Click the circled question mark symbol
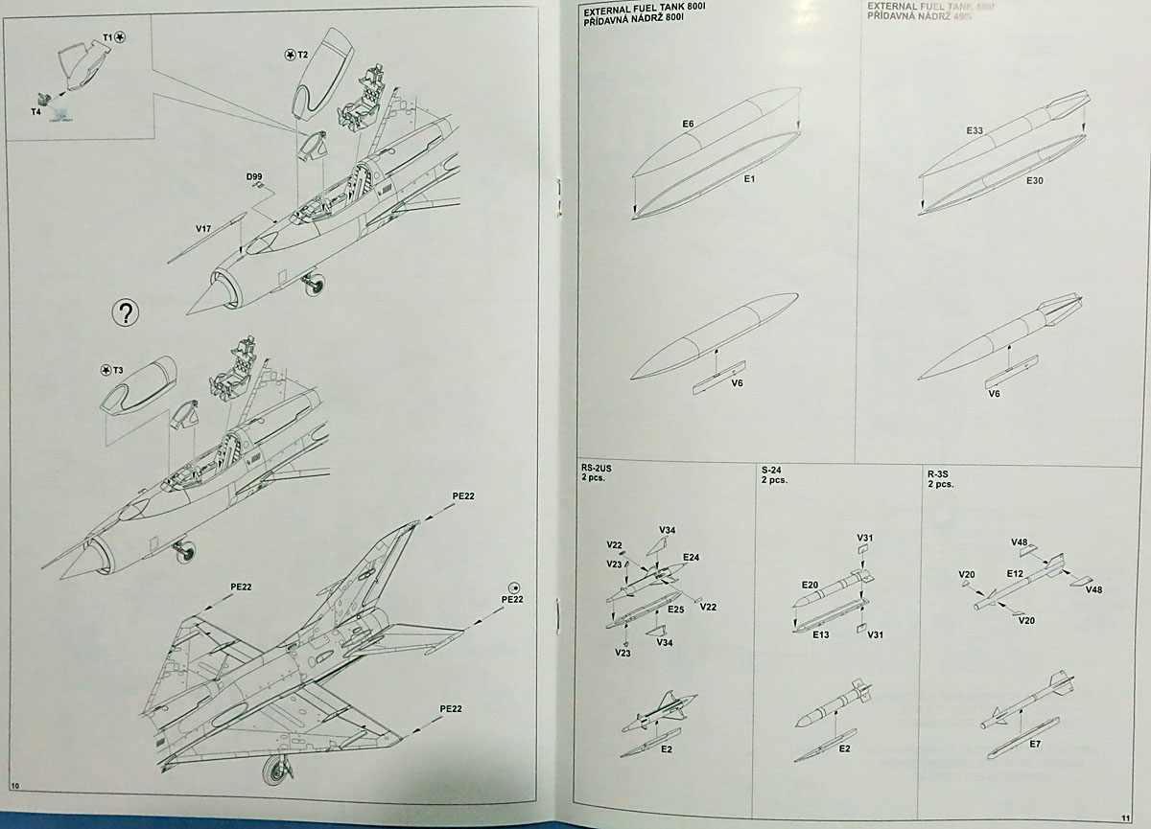(x=126, y=311)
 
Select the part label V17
(x=203, y=228)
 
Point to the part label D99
(x=253, y=176)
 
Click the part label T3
(x=117, y=370)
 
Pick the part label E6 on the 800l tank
(x=688, y=124)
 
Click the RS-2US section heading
(x=599, y=470)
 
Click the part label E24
(x=691, y=557)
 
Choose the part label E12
(x=1016, y=573)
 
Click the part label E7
(x=1036, y=744)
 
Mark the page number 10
(x=15, y=786)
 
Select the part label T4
(x=35, y=111)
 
